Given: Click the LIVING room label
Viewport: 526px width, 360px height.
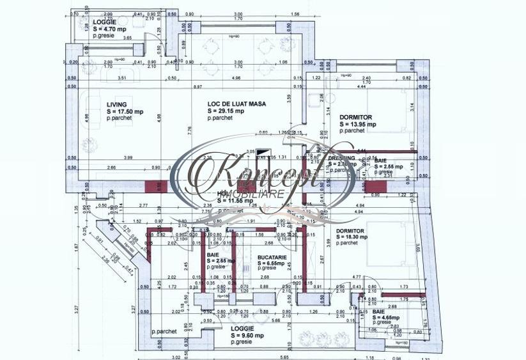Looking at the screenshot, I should coord(116,104).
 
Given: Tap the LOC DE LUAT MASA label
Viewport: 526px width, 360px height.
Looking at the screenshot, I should coord(237,104).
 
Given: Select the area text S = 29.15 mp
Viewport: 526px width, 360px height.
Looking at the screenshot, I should coord(227,111).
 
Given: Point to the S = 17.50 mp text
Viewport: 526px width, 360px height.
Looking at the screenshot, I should coord(125,111).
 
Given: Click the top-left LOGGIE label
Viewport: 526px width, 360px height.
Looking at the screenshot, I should coord(104,22).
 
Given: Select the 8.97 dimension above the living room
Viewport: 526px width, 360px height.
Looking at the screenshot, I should coord(199,87).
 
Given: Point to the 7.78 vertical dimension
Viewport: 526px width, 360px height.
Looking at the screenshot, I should coord(190,130).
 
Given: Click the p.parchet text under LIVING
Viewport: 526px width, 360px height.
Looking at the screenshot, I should coord(120,119).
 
